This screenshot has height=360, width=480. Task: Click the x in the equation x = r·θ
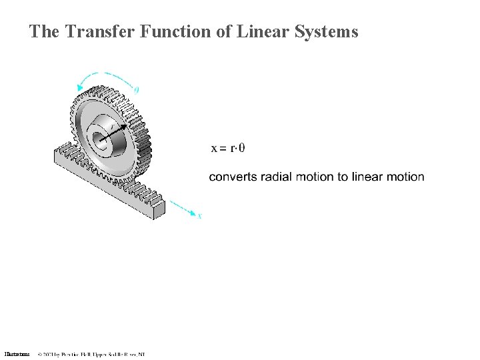(x=214, y=148)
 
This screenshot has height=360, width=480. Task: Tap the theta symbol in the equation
(x=241, y=148)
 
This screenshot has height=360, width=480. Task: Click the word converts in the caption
(x=231, y=177)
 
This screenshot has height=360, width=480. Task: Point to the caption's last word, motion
(x=406, y=177)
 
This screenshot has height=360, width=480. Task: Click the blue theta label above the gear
(x=137, y=90)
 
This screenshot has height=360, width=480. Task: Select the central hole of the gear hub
(x=99, y=139)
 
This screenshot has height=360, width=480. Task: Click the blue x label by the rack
(x=199, y=216)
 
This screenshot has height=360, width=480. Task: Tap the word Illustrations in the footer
(x=17, y=354)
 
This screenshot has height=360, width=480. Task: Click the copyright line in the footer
(x=91, y=354)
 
